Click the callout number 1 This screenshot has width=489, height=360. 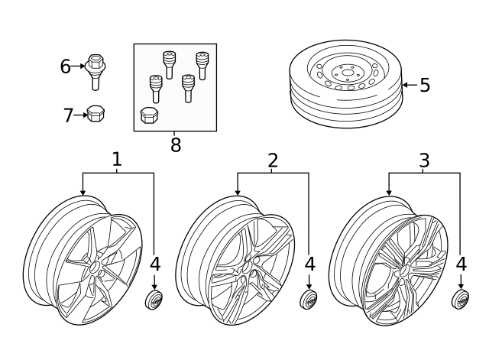point(117,160)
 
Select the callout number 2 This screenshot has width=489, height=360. point(273,160)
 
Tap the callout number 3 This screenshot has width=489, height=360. point(424,160)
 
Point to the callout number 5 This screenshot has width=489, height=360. point(425,86)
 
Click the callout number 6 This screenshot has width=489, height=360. point(66,66)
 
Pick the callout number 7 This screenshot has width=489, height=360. point(68,115)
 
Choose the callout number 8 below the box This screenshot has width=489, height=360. point(176,145)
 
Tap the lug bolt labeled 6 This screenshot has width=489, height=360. point(96,68)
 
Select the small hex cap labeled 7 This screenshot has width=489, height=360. point(96,115)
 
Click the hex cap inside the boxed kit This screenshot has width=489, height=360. point(149,116)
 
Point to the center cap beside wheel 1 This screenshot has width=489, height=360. point(154,300)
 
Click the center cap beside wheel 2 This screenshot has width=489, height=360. point(309,300)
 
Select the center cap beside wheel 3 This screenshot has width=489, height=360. point(460,300)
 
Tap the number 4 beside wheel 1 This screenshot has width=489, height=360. point(155,264)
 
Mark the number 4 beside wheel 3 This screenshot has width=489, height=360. point(461,264)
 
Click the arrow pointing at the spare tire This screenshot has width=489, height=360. point(409,86)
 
